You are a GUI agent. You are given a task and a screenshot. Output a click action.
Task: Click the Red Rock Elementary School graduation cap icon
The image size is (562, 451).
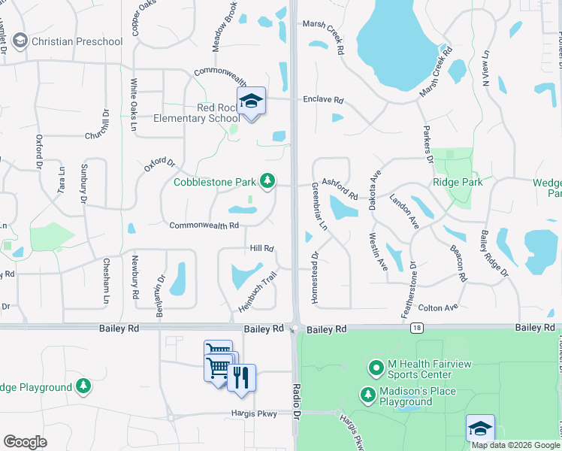[x=251, y=101]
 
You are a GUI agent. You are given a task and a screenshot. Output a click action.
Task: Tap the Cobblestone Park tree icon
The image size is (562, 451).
[x=267, y=180]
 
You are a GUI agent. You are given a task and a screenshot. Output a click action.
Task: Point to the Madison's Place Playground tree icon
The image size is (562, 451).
[x=368, y=395]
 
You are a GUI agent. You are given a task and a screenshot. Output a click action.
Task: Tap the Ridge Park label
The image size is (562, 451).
[x=458, y=182]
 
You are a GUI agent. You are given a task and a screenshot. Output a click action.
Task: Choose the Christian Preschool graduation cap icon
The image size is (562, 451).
[x=20, y=41]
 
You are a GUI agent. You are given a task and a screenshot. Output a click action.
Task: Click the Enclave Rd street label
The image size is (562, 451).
[x=323, y=99]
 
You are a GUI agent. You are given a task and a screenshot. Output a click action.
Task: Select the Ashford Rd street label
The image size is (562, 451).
[x=339, y=183]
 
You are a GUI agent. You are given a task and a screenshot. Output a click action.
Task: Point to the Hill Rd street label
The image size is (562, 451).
[x=261, y=248]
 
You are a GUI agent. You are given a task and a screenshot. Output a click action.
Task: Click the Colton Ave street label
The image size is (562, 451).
[x=438, y=308]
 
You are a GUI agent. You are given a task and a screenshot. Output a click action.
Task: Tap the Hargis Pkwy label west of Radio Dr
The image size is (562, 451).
[x=255, y=413]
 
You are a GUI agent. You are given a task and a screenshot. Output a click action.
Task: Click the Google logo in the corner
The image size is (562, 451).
[x=25, y=442]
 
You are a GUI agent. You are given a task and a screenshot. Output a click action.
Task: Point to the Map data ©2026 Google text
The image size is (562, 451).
[x=516, y=445]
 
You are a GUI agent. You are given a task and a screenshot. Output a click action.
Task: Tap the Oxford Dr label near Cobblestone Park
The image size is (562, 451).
[x=159, y=164]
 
